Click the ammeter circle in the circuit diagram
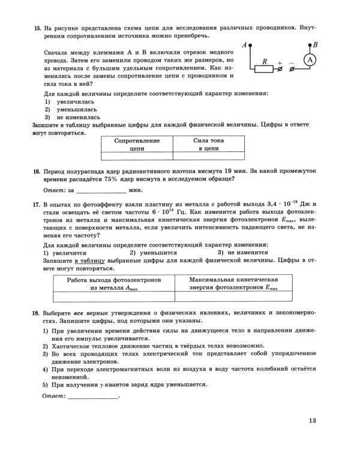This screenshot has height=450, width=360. click(x=309, y=60)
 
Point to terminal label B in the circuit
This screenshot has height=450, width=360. click(x=316, y=44)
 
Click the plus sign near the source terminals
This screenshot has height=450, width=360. click(x=280, y=61)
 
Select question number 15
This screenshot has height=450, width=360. click(x=37, y=28)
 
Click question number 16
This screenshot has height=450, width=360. click(x=37, y=171)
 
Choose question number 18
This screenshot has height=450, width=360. click(x=37, y=313)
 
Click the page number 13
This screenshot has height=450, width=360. click(x=312, y=420)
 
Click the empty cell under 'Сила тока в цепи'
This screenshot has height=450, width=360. click(x=209, y=156)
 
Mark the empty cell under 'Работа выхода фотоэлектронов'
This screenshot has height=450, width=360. click(x=114, y=296)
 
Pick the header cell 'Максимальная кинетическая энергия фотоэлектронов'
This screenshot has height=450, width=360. click(x=233, y=284)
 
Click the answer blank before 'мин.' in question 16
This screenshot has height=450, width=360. click(x=101, y=190)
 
